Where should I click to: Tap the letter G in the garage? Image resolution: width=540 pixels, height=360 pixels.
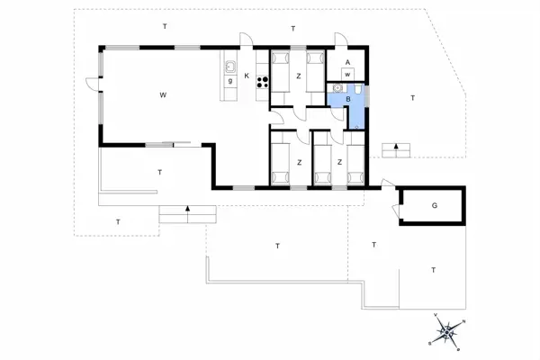tap(434, 206)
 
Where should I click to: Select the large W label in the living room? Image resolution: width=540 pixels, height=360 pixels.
tap(163, 94)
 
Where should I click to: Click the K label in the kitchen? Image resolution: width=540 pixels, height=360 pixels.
tap(246, 76)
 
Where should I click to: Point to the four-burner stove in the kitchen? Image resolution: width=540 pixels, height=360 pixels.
tap(264, 82)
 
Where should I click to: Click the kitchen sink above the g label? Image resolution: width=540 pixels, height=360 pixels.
tap(230, 67)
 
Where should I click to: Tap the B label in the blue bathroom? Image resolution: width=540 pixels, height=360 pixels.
tap(346, 100)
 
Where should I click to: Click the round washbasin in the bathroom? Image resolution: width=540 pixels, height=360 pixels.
tap(337, 87)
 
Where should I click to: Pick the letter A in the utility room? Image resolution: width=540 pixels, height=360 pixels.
tap(347, 61)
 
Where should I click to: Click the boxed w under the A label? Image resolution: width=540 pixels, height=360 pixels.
tap(346, 74)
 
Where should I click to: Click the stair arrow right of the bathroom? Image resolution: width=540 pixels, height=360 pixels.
tap(396, 148)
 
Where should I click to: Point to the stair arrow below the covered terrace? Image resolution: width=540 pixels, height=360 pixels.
tap(187, 212)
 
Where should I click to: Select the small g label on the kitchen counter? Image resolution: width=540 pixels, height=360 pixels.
tap(230, 81)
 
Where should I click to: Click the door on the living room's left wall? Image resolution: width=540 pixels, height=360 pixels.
tap(94, 84)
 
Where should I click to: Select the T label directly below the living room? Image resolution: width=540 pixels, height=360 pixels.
tap(159, 171)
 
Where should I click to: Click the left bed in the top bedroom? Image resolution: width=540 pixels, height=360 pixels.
tap(279, 70)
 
